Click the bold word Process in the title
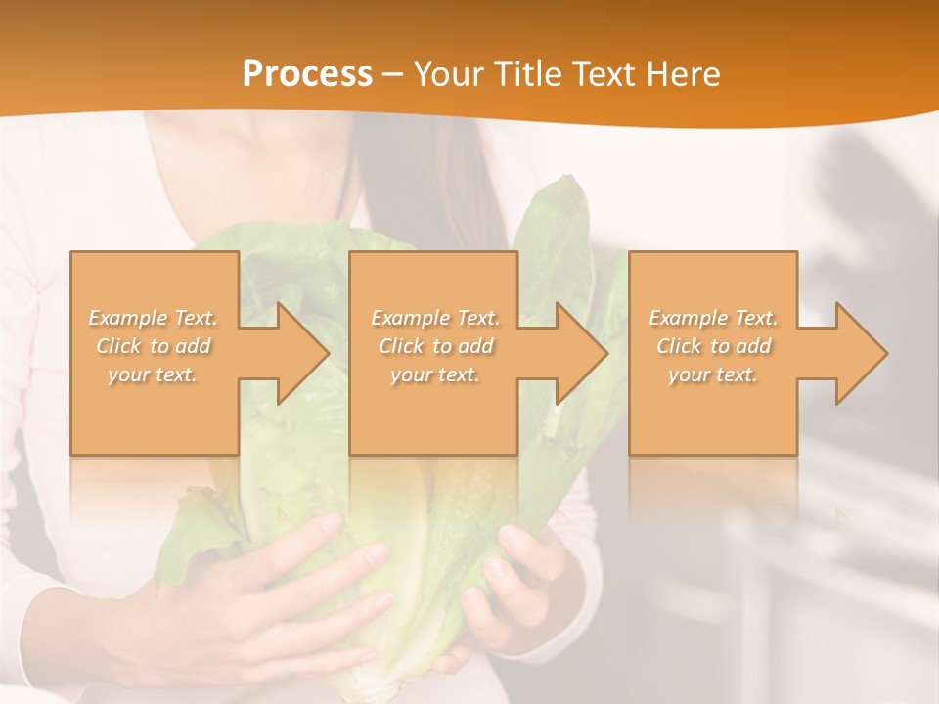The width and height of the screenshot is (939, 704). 307,74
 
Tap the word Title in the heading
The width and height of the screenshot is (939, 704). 527,74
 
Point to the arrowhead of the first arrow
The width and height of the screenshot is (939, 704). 301,353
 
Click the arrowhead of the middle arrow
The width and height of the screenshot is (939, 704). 580,353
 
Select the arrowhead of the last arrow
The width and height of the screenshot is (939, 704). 860,353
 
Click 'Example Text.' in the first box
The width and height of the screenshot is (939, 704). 153,318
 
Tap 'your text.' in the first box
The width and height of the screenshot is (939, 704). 153,374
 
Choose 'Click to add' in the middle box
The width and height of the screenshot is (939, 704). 435,346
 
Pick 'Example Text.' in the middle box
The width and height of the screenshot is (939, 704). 435,318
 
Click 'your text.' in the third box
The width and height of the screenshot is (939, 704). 713,374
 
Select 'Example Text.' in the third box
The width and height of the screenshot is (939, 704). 713,318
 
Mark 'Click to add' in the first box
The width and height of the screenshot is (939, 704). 153,346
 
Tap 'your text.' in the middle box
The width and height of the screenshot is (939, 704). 435,374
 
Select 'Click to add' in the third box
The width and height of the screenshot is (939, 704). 713,346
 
